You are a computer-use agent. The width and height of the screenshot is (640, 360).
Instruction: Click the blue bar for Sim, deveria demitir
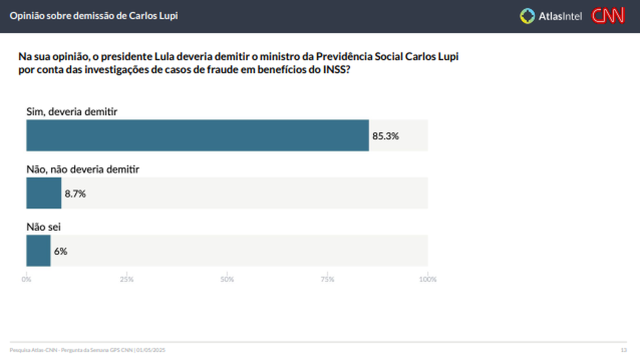[197, 135]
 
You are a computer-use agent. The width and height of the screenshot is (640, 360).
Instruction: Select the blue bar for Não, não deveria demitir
[44, 193]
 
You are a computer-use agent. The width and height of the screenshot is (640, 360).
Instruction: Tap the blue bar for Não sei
[38, 250]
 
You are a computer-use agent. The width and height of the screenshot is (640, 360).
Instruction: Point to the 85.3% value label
[385, 136]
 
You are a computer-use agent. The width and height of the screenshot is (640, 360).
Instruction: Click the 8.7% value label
[75, 193]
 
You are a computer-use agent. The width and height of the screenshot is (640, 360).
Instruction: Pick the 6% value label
[60, 251]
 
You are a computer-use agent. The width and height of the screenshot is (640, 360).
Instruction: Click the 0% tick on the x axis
[26, 279]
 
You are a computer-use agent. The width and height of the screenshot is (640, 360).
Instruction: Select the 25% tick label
[127, 279]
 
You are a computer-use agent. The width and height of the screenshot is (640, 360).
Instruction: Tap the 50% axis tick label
[227, 279]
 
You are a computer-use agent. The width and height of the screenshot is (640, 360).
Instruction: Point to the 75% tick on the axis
[327, 279]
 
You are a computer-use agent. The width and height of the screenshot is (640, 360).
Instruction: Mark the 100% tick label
[427, 279]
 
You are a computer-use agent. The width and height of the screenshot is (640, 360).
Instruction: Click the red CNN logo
[608, 16]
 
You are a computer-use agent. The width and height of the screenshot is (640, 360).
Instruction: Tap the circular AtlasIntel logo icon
[527, 16]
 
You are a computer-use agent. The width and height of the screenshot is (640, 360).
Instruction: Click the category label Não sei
[43, 227]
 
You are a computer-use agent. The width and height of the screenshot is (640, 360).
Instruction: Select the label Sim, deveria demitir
[71, 111]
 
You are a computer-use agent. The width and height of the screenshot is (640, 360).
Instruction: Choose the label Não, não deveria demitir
[82, 169]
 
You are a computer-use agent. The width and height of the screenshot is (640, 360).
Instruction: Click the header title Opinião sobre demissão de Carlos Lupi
[93, 15]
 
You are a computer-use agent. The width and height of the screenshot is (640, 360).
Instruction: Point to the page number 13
[623, 349]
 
